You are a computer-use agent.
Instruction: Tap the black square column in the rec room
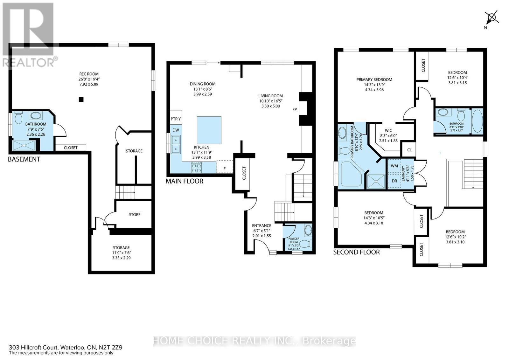pos(81,100)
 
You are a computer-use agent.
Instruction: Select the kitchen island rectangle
pos(209,130)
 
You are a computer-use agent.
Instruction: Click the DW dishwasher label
pos(176,130)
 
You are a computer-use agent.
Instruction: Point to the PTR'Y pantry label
pos(176,119)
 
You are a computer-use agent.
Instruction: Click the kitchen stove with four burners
pos(196,167)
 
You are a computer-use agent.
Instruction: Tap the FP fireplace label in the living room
pos(295,109)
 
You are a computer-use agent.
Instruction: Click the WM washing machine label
pos(394,166)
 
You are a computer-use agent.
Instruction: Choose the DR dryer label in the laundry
pos(394,181)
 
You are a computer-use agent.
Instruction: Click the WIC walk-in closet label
pos(388,130)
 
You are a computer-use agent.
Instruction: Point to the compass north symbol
pos(492,17)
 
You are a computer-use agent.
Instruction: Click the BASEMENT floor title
pos(24,159)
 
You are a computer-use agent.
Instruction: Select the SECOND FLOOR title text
pos(356,252)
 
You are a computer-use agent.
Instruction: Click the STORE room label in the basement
pos(135,215)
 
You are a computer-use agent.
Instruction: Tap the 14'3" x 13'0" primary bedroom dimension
pos(374,85)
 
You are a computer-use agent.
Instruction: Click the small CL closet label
pos(409,149)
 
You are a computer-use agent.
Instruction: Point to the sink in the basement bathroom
pos(34,115)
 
